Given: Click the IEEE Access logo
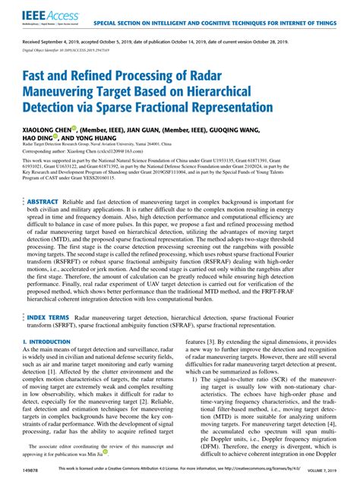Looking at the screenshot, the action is (x=38, y=15).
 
